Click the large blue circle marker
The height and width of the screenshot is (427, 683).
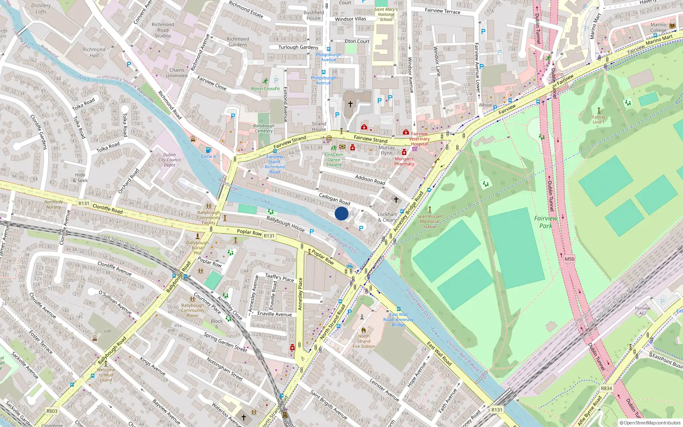[x=341, y=213]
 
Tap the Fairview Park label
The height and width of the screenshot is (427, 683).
[x=546, y=222]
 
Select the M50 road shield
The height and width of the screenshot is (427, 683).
[x=569, y=259]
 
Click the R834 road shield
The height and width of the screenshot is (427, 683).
[x=606, y=388]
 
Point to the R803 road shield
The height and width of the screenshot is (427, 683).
[x=52, y=411]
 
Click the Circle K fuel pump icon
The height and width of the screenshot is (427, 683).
[x=208, y=150]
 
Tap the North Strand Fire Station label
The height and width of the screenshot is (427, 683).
[x=364, y=341]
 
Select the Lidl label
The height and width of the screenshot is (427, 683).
[x=108, y=331]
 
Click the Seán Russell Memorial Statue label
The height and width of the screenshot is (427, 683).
[x=429, y=221]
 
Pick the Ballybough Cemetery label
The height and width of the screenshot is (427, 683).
[x=264, y=128]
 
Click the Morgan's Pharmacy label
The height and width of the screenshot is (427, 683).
[x=404, y=161]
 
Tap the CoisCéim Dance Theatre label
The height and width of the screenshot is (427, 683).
[x=334, y=160]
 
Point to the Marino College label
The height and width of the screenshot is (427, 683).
[x=658, y=27]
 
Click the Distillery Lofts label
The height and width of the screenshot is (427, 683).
[x=41, y=9]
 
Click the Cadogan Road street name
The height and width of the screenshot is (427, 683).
[x=334, y=199]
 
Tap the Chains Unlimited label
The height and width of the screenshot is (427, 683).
[x=177, y=73]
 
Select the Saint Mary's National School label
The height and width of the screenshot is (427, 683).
[x=386, y=15]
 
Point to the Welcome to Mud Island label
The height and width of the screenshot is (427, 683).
[x=106, y=375]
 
